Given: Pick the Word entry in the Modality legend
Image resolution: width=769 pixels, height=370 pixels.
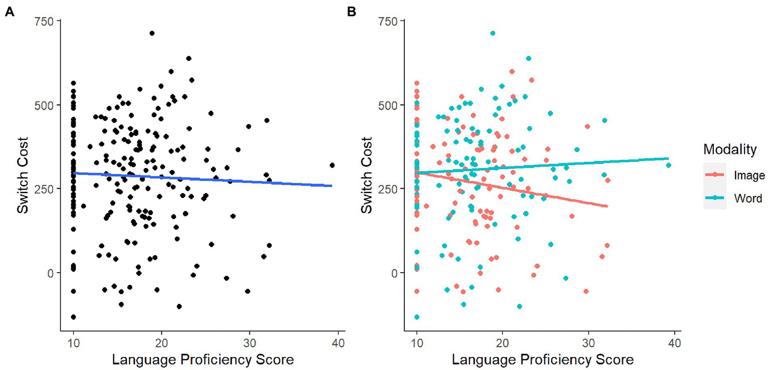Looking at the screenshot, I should click(x=747, y=199).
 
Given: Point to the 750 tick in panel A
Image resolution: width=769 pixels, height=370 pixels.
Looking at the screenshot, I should click(x=47, y=21).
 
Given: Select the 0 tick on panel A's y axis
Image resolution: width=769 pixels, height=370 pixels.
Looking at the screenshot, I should click(x=52, y=273).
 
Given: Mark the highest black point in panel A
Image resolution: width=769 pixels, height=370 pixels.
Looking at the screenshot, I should click(x=152, y=33).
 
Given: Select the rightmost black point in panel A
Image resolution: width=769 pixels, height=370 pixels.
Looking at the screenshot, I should click(x=332, y=165).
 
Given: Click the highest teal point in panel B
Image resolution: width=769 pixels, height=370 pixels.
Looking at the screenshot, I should click(x=492, y=33).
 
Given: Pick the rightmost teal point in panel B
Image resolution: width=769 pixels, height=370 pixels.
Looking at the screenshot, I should click(x=668, y=165).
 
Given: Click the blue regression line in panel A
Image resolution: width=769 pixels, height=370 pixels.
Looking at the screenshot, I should click(x=200, y=179).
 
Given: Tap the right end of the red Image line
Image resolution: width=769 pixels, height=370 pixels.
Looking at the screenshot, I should click(x=607, y=206).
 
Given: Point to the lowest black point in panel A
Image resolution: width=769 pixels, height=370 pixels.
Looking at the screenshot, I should click(x=73, y=317).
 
